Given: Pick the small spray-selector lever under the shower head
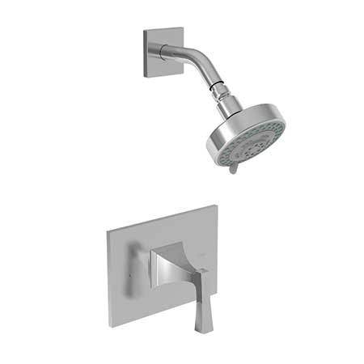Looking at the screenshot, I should [x=233, y=167].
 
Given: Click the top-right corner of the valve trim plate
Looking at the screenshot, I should [x=216, y=207].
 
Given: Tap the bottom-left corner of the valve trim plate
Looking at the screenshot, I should [x=111, y=326].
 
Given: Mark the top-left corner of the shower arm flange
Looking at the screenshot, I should [x=146, y=33].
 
